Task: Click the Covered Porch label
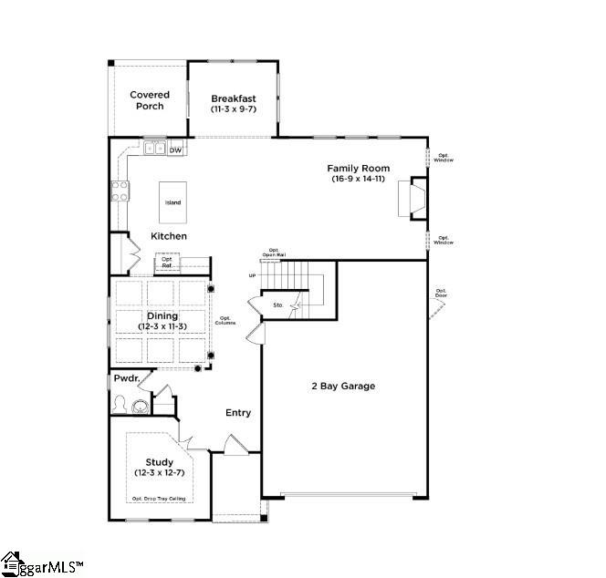(x=150, y=100)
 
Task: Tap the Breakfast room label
(x=234, y=103)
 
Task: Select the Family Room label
(x=360, y=173)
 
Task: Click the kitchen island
(x=172, y=202)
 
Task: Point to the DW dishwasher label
(x=175, y=150)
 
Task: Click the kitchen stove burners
(x=120, y=191)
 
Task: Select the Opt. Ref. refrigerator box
(x=168, y=262)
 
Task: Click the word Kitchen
(x=169, y=236)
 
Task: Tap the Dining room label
(x=162, y=320)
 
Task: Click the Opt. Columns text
(x=225, y=321)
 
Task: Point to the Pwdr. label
(x=125, y=378)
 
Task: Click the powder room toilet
(x=141, y=406)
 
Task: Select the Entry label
(x=238, y=413)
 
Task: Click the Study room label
(x=159, y=467)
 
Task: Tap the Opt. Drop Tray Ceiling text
(x=162, y=499)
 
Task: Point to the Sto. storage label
(x=278, y=305)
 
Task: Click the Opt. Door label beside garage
(x=442, y=293)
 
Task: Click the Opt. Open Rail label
(x=271, y=253)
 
